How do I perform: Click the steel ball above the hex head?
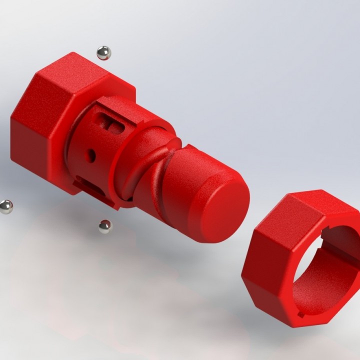pyautogui.click(x=103, y=52)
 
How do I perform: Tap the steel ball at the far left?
pyautogui.click(x=5, y=206)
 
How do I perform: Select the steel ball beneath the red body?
pyautogui.click(x=105, y=226)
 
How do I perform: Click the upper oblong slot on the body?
pyautogui.click(x=111, y=123)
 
